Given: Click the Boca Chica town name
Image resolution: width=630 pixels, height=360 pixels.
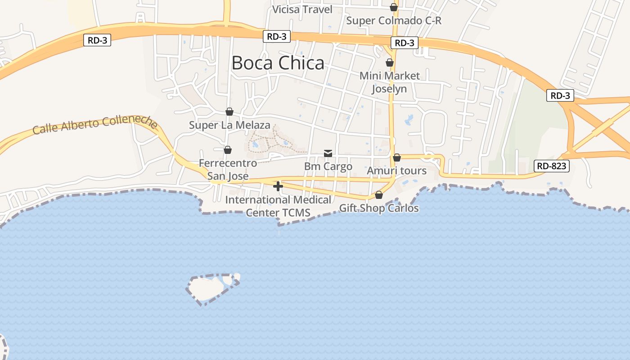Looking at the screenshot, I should click(278, 63).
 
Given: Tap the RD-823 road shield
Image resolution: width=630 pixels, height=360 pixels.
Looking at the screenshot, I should click(552, 166).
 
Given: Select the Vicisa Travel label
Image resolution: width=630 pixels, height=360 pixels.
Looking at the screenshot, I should click(302, 9).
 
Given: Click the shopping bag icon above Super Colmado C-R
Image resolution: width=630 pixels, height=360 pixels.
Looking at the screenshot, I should click(394, 7).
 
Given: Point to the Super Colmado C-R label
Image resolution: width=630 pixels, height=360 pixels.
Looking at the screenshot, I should click(394, 21).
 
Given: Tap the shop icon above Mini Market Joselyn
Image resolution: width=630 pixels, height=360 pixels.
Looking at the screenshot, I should click(390, 63).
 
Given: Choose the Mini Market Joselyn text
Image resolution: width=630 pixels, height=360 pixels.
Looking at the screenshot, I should click(389, 82).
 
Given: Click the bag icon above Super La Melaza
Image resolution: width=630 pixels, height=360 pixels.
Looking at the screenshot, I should click(229, 112).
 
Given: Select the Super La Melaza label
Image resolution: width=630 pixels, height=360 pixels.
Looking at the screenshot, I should click(229, 125).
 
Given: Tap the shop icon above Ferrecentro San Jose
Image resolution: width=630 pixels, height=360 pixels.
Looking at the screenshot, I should click(228, 150).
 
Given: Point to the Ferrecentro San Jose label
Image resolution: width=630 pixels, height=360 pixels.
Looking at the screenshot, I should click(228, 169).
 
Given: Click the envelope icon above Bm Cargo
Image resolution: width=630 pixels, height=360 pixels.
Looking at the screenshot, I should click(328, 154).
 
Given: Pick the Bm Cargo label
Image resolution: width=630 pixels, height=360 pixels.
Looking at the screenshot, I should click(328, 166).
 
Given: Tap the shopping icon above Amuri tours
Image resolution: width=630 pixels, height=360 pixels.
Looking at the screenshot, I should click(397, 157).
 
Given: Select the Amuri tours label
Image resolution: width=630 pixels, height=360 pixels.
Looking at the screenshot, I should click(396, 171).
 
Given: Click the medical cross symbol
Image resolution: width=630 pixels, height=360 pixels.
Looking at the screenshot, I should click(278, 186).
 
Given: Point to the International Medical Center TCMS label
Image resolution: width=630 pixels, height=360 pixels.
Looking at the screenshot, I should click(278, 206).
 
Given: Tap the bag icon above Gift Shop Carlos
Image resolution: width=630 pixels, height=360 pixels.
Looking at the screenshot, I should click(379, 195).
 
